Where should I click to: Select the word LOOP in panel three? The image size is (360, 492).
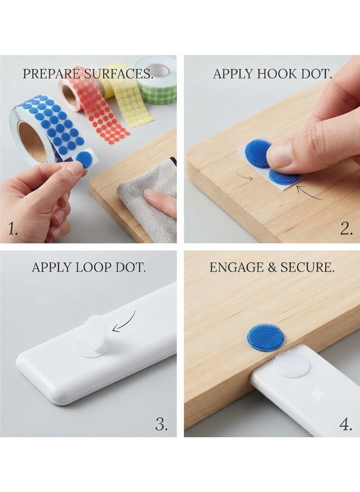(x=94, y=267)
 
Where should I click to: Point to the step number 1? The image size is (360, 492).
(x=12, y=230)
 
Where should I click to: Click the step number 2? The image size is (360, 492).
(x=346, y=229)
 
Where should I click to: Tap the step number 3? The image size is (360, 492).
(x=161, y=425)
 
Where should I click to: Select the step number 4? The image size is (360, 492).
(x=346, y=425)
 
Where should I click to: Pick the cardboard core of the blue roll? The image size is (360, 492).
(x=31, y=142)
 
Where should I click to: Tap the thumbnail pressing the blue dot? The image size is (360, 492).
(x=279, y=155)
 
